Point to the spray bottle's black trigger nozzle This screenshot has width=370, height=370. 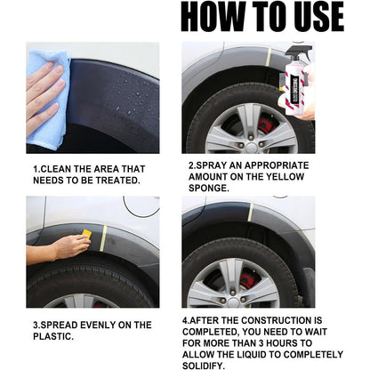(x=299, y=52)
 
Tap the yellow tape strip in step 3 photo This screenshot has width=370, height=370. (x=103, y=238)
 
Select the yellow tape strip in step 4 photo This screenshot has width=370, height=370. (x=251, y=212)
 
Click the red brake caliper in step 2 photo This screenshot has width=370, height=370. (x=266, y=125)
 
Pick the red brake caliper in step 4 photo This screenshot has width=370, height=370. (x=248, y=280)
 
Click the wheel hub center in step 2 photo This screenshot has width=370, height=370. (x=251, y=147)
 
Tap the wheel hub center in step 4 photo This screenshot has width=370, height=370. (x=233, y=302)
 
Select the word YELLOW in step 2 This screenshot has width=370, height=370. (x=285, y=177)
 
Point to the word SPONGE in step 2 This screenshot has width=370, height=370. (x=209, y=188)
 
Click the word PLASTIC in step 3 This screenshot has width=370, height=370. (x=53, y=336)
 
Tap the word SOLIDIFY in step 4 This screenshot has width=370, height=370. (x=204, y=366)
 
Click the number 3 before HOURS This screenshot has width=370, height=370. (x=261, y=343)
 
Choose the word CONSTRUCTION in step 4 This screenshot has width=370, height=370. (x=275, y=320)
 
